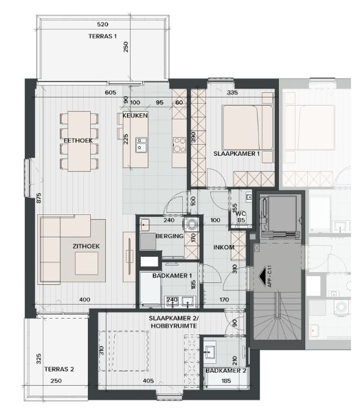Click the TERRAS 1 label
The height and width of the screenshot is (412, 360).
[x=103, y=36]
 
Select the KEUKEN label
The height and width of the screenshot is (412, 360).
[x=135, y=116]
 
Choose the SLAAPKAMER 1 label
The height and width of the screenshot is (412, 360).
[x=236, y=153]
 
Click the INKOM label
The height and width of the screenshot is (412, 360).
[x=224, y=247]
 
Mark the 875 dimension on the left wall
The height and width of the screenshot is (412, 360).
[x=40, y=198]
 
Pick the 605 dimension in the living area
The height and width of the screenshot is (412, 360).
[x=111, y=92]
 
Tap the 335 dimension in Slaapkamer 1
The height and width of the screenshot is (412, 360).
[x=232, y=92]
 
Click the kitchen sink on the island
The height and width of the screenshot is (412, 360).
[x=142, y=145]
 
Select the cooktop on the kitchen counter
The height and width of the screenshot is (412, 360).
[x=179, y=144]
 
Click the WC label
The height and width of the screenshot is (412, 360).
[x=240, y=214]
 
